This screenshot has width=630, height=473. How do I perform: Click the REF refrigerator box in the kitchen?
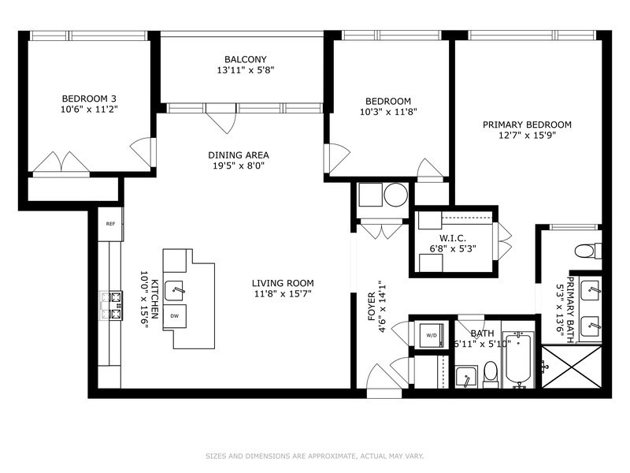coord(110,224)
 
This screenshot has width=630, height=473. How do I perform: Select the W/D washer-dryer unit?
coord(432,335)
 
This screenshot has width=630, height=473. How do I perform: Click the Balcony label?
coord(245,59)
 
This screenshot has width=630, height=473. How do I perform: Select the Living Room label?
coord(283,283)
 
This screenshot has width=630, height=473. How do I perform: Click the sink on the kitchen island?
coord(176,290)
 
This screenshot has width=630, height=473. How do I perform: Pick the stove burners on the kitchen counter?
coord(111,305)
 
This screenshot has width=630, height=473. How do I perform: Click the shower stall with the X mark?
coord(573,368)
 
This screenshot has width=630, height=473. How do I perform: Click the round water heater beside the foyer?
coord(396,195)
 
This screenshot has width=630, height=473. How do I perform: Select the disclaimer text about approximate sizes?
coord(314,456)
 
